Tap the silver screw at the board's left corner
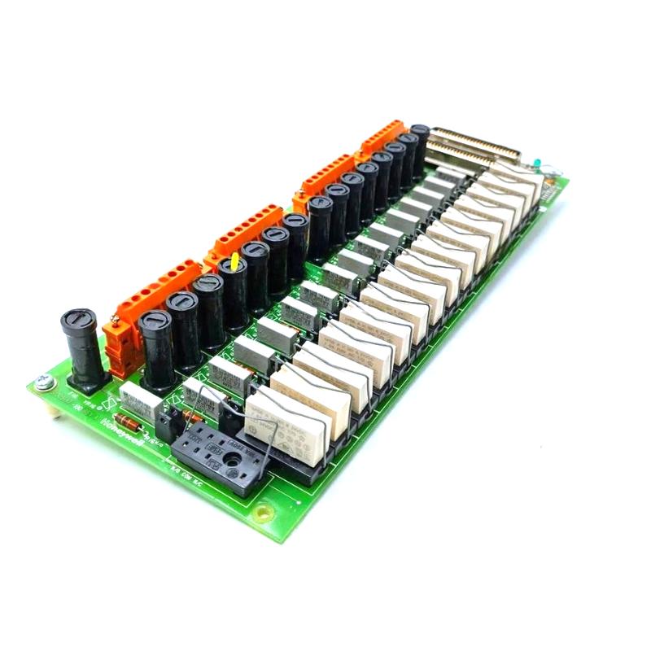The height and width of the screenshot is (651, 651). point(43,380)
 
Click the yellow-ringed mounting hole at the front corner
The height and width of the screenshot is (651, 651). point(262,513)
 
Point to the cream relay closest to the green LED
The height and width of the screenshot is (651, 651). point(514,186)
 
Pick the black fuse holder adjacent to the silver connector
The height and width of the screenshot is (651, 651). point(420,146)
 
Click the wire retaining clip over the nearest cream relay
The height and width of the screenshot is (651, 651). point(269,407)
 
